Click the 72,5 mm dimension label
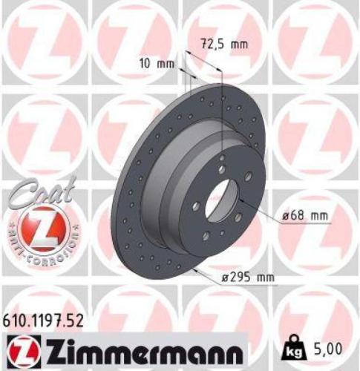tap(223, 45)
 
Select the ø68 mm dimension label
tap(304, 216)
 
